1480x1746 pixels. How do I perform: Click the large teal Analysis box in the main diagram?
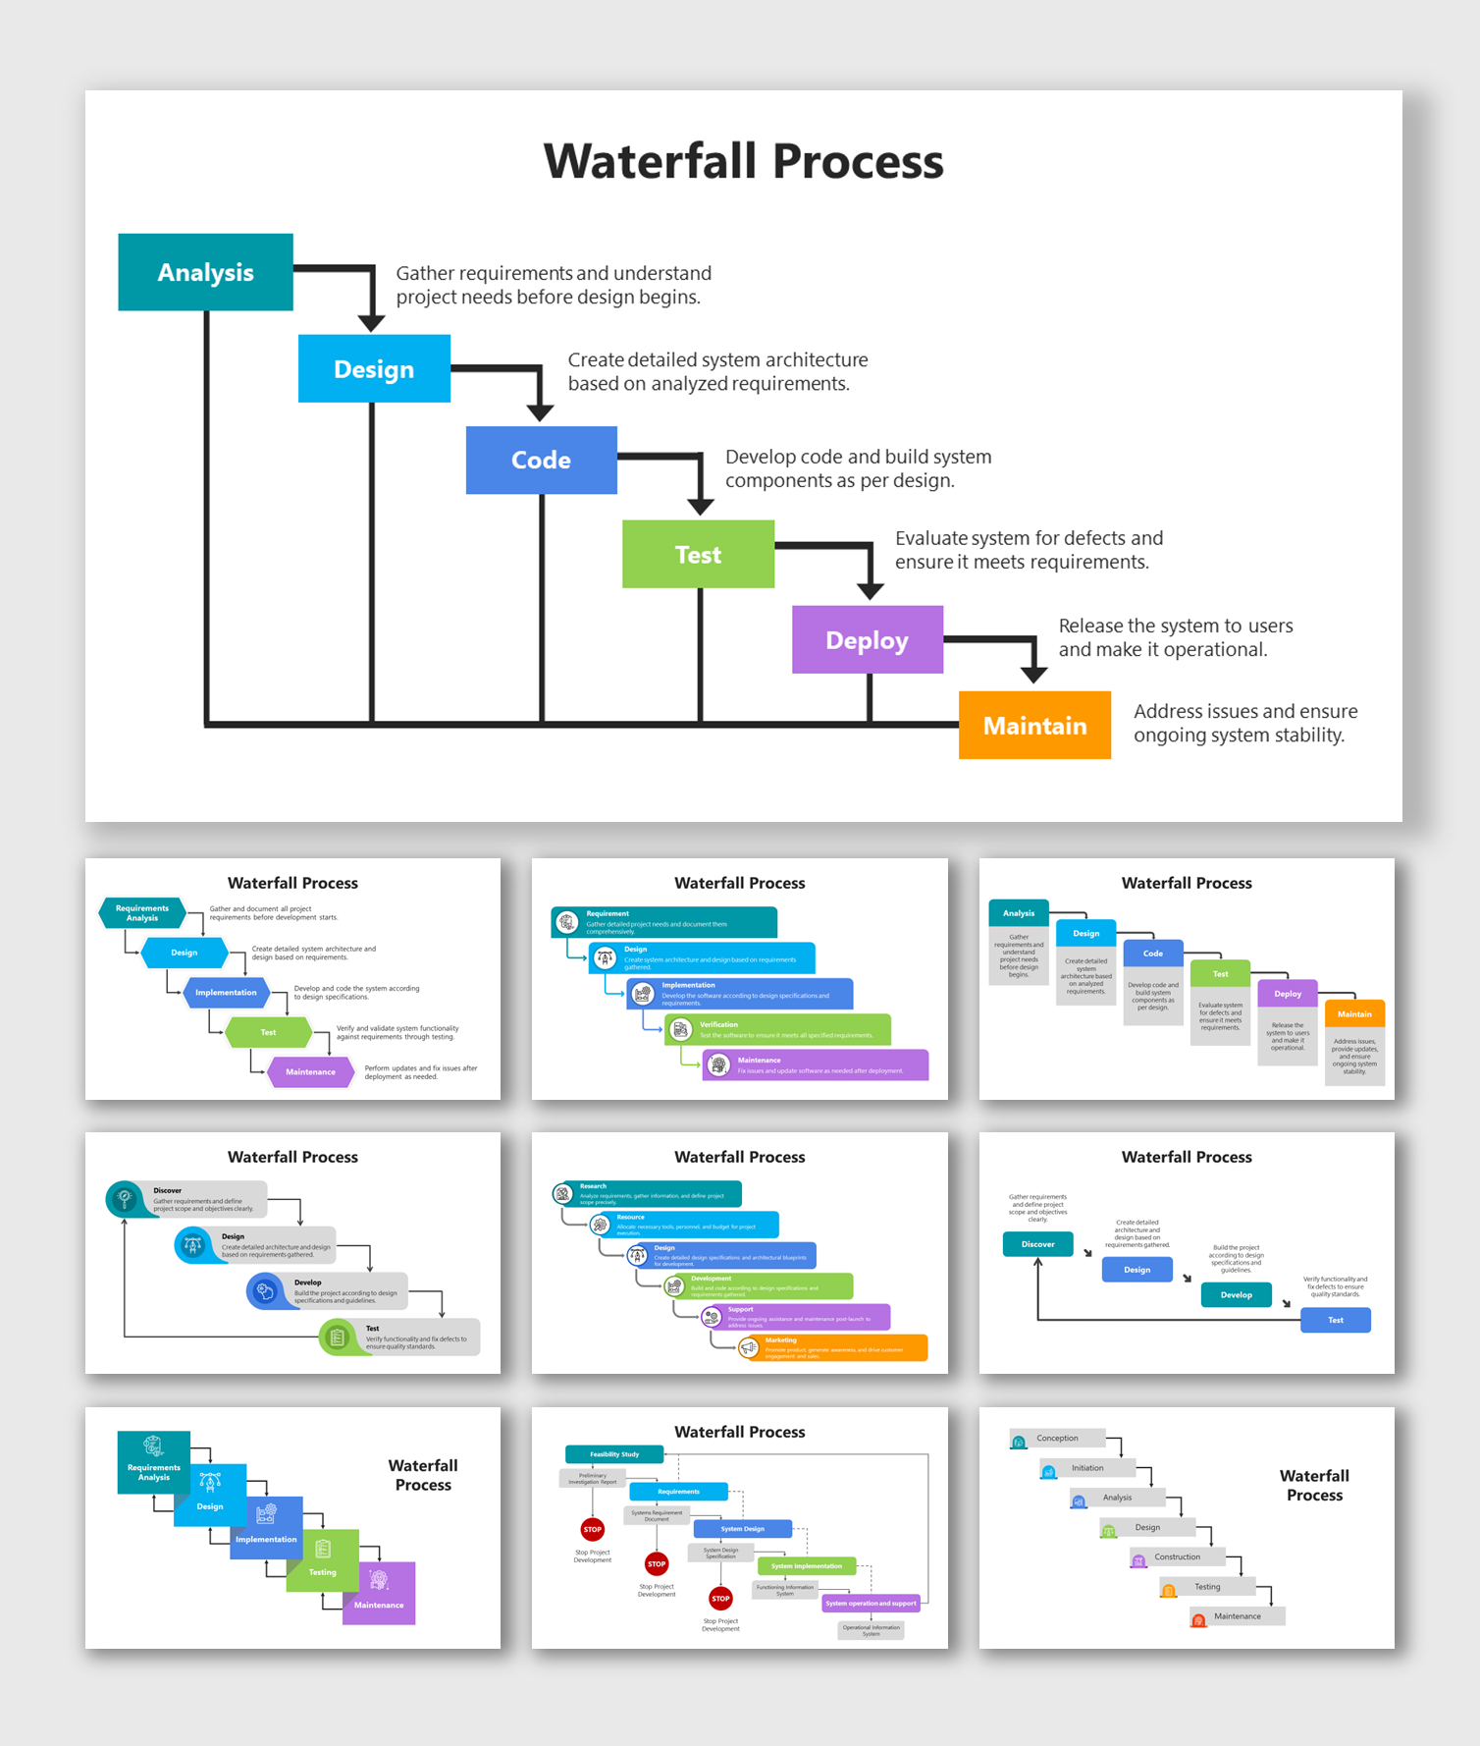(x=205, y=272)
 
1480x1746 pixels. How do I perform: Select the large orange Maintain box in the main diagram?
(x=1034, y=726)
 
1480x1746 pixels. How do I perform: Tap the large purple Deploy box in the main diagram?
(x=868, y=640)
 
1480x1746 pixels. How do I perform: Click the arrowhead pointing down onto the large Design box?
(x=371, y=323)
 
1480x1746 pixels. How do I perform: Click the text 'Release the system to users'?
(x=1175, y=626)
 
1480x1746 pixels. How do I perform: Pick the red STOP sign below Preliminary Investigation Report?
(x=593, y=1529)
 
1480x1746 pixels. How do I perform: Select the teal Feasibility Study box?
(x=614, y=1454)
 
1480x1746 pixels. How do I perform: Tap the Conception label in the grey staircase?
(x=1057, y=1439)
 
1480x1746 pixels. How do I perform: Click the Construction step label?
(x=1177, y=1556)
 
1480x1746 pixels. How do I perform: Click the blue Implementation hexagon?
(x=226, y=993)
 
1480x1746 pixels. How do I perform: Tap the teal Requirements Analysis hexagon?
(x=142, y=913)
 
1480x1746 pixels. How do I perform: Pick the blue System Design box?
(x=742, y=1529)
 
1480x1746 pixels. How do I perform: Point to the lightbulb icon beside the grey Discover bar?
(x=125, y=1198)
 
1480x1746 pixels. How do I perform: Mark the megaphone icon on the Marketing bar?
(x=749, y=1348)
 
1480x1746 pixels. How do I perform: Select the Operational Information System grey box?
(x=871, y=1630)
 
